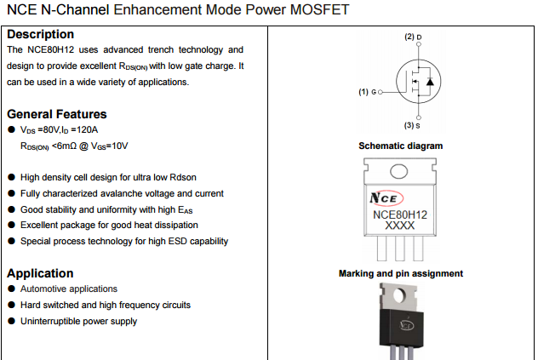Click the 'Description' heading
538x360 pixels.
(40, 35)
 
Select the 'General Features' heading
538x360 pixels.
(57, 114)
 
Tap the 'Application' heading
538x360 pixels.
(40, 273)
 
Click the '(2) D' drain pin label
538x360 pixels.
(413, 37)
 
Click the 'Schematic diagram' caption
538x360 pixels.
(401, 146)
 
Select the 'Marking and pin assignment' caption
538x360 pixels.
(401, 273)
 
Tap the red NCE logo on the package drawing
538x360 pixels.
(383, 198)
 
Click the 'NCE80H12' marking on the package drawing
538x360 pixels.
(400, 214)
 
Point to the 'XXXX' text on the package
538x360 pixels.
(400, 226)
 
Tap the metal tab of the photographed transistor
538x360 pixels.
(400, 295)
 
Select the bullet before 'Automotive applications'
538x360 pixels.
(11, 289)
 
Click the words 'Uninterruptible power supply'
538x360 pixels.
(78, 321)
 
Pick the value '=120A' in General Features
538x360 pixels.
(84, 130)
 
